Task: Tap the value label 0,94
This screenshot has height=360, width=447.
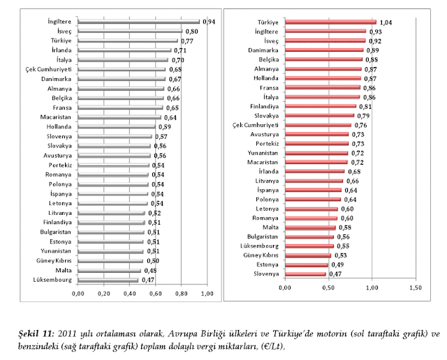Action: click(x=208, y=22)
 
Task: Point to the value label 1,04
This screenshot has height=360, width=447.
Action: click(x=386, y=23)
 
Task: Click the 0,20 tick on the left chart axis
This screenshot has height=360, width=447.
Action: click(x=104, y=293)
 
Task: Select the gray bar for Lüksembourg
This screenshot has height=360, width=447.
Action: click(x=108, y=280)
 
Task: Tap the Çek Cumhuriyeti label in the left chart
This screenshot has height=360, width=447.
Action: click(x=47, y=70)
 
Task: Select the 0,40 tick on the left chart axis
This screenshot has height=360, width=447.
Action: click(x=131, y=293)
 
